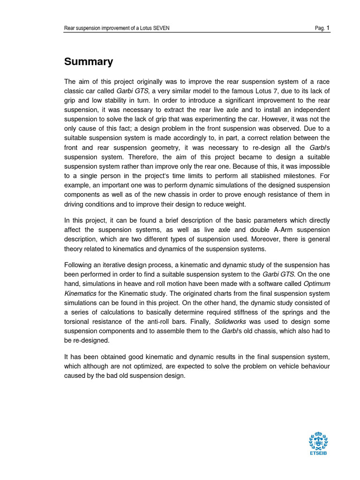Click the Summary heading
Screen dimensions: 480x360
89,61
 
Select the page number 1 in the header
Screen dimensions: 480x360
328,28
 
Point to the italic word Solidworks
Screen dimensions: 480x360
231,322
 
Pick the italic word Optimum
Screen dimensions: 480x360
316,284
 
